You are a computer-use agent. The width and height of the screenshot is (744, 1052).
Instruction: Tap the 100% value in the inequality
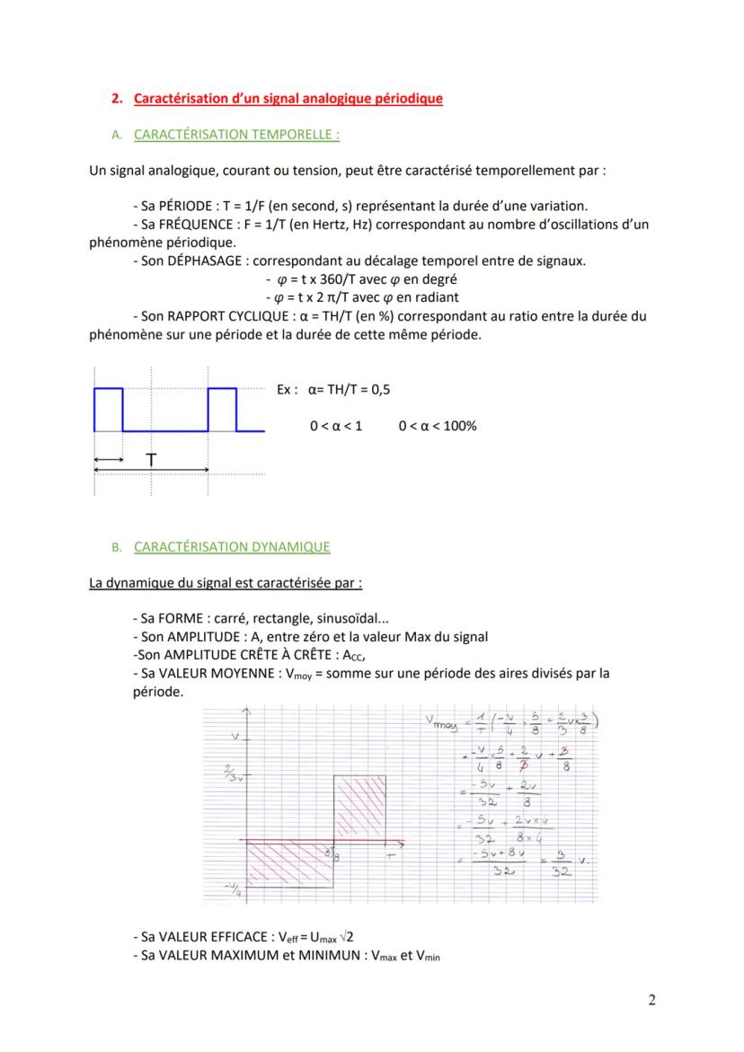(x=459, y=426)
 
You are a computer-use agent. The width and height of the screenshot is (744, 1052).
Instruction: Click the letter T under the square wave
(x=151, y=460)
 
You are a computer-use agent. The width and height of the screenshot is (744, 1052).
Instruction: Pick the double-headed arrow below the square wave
(x=109, y=460)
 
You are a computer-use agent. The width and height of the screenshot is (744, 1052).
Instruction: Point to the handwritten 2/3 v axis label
(x=233, y=774)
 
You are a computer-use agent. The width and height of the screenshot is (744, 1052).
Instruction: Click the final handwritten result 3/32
(x=562, y=863)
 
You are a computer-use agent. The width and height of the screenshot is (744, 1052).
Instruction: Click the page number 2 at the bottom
(x=651, y=1001)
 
